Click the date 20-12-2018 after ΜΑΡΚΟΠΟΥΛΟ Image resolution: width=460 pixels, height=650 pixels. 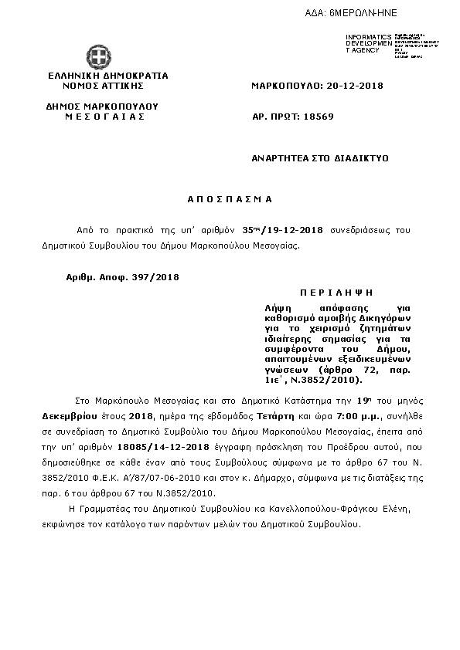353,86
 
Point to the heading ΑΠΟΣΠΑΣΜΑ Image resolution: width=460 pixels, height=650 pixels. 230,199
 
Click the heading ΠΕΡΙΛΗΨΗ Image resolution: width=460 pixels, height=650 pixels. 336,294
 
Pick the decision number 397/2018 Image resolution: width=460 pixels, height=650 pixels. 155,276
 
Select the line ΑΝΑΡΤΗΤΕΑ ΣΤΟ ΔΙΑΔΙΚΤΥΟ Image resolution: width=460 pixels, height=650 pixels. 319,157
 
